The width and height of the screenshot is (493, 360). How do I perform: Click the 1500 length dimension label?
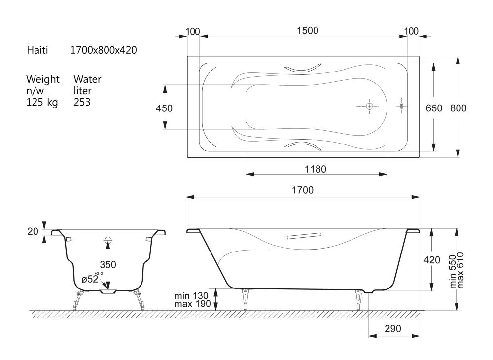point(308,30)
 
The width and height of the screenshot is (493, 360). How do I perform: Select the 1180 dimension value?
point(316,169)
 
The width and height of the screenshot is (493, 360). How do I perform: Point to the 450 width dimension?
point(164,108)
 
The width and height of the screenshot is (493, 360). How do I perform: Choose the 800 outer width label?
point(458,108)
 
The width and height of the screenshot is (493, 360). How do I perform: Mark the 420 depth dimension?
point(432,260)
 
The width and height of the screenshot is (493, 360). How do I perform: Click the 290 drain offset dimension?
point(393,329)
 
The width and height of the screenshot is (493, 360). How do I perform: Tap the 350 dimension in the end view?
point(108,265)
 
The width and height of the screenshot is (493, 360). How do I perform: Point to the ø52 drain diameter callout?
point(91,279)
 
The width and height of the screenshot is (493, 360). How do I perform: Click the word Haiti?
point(37,50)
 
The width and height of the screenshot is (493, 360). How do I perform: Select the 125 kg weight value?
point(42,102)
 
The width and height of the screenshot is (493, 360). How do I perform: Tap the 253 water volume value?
point(82,102)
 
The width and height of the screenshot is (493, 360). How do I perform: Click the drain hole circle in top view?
point(369,106)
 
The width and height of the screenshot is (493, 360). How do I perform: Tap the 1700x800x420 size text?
point(104,50)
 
